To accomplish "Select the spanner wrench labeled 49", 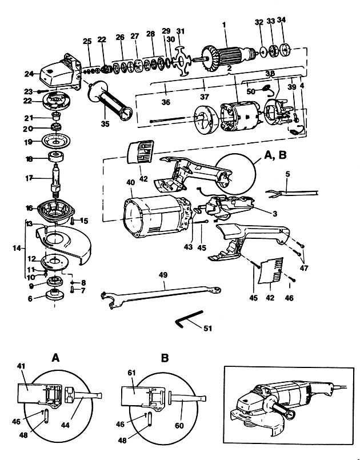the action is point(161,297).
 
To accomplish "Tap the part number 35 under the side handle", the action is point(105,124).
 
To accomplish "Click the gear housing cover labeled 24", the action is point(60,71).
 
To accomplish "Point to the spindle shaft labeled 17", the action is point(56,179).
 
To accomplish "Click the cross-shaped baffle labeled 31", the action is point(182,61).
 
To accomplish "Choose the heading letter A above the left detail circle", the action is point(55,358).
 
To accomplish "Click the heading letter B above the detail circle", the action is point(165,358).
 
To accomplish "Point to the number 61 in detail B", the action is point(132,373).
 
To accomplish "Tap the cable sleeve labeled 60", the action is point(188,398).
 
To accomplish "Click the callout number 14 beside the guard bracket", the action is point(17,249).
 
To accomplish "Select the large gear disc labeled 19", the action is point(56,141).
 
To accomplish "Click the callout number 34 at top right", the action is point(281,20).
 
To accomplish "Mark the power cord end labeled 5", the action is point(291,193).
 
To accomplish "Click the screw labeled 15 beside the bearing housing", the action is point(72,221).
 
